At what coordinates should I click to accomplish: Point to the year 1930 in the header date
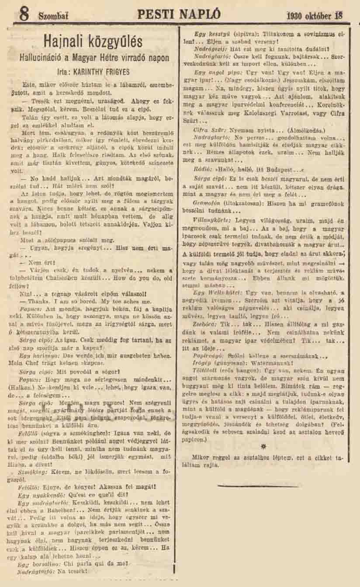coord(296,16)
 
